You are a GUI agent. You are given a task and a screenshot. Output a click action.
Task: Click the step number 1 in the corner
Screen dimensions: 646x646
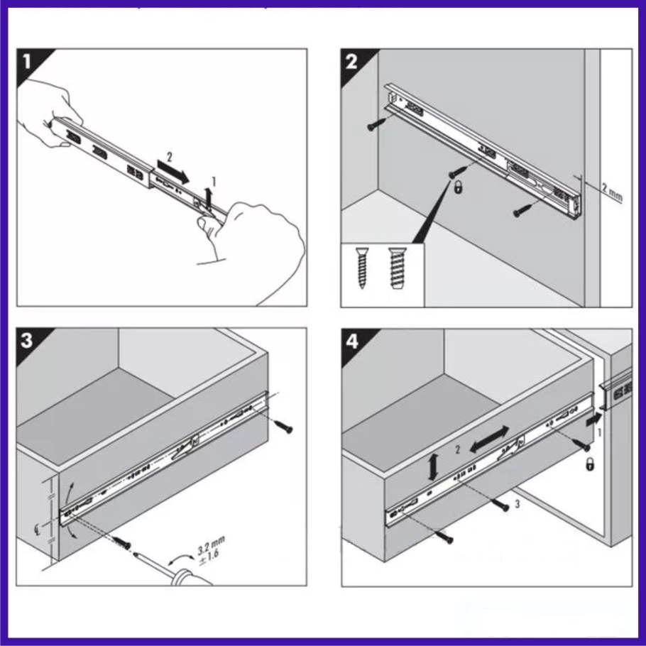(x=28, y=62)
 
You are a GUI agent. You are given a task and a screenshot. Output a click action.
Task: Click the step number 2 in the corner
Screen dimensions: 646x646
(x=352, y=62)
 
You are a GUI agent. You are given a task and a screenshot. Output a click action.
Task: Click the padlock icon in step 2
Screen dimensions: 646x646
(x=459, y=189)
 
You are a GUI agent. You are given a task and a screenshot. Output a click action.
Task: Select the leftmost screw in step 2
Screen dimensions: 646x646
(x=376, y=126)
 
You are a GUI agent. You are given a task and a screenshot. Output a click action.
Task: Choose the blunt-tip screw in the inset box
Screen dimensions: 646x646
(x=395, y=268)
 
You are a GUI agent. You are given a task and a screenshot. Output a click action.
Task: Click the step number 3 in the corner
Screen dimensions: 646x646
(x=28, y=340)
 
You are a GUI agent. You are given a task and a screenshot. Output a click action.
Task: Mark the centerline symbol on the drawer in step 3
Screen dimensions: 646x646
(x=40, y=526)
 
